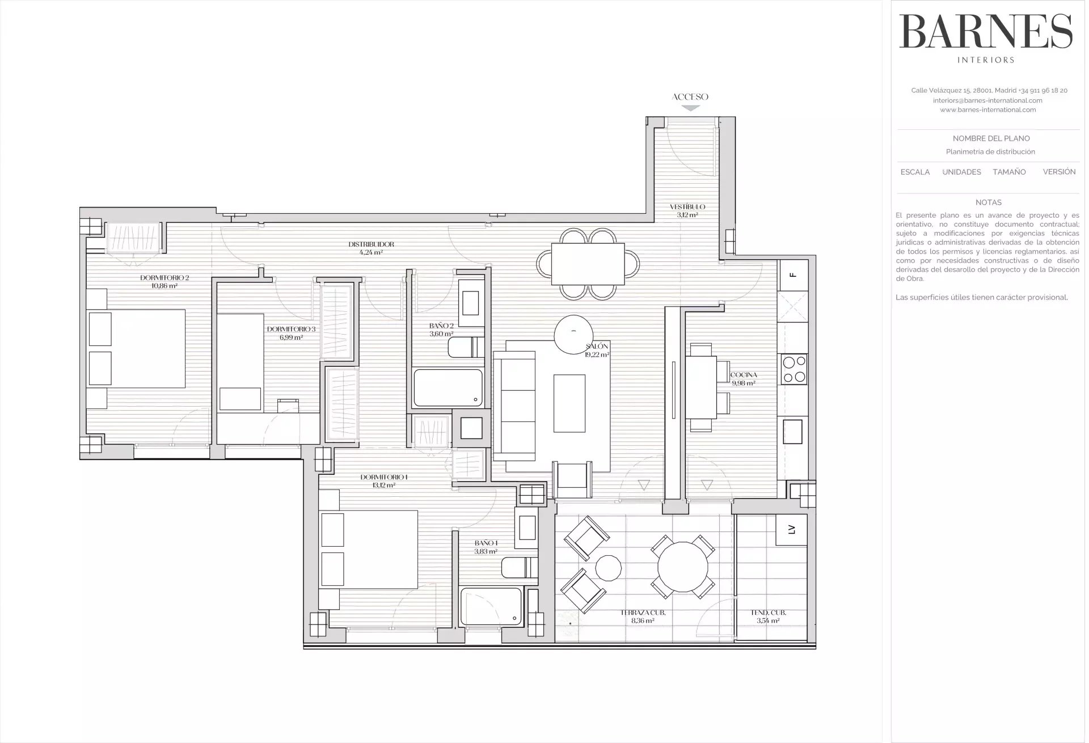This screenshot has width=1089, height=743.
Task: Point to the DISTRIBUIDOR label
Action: coord(371,244)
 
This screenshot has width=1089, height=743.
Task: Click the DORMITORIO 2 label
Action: coord(164,278)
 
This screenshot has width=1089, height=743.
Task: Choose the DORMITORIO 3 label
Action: coord(291,329)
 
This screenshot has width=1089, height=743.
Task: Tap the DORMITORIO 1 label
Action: coord(384,477)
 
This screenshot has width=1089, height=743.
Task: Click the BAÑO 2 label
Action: coord(441,326)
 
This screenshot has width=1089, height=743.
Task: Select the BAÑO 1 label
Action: coord(486,543)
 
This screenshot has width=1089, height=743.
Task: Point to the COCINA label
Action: coord(744,375)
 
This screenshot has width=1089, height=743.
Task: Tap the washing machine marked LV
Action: coord(792,530)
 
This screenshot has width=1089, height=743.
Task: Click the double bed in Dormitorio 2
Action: coord(137,348)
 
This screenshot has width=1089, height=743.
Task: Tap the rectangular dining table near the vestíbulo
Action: coord(588,264)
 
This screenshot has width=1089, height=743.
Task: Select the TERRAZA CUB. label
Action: coord(643,613)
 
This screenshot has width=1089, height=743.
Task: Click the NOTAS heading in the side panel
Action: coord(988,202)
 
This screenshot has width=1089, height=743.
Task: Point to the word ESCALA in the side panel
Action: coord(915,172)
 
